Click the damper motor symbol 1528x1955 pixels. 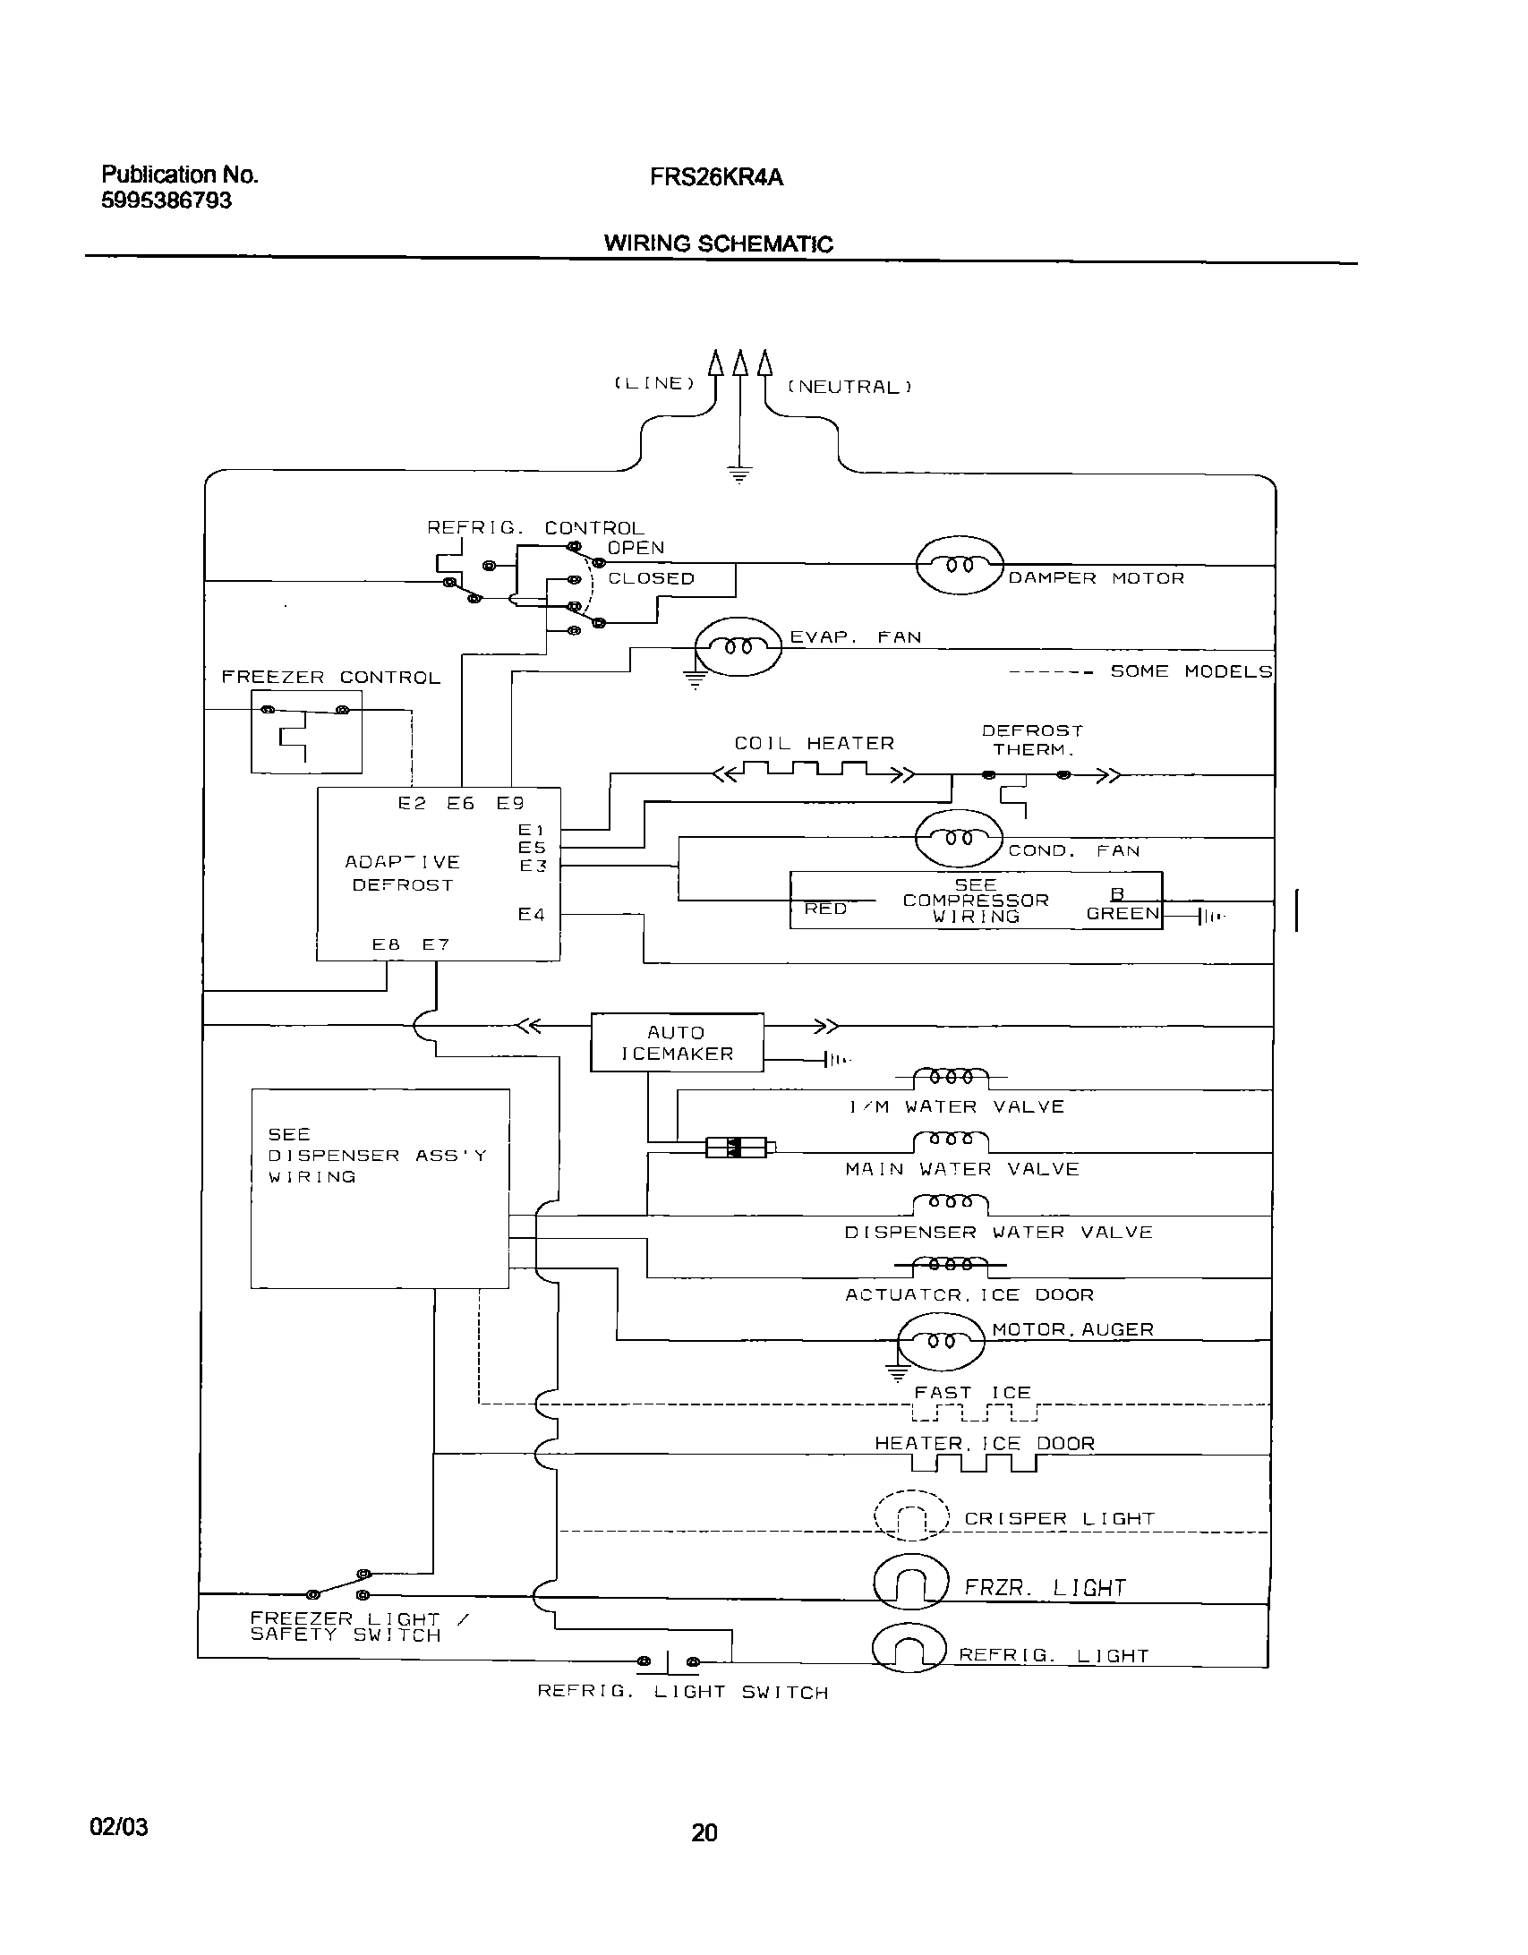coord(960,566)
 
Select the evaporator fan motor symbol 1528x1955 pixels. coord(738,646)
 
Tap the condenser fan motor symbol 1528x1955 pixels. coord(959,839)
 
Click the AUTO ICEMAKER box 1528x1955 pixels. coord(677,1043)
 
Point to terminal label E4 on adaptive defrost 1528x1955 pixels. coord(531,914)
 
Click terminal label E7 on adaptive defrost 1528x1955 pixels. coord(436,944)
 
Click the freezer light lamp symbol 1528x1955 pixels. coord(909,1585)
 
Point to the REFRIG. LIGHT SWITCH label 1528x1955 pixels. coord(682,1693)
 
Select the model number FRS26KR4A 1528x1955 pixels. coord(716,178)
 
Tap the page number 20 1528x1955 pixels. coord(704,1832)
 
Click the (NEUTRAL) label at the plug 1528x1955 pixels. coord(849,387)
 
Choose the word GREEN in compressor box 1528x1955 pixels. coord(1123,914)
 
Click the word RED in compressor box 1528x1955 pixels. coord(825,909)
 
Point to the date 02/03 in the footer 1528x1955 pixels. coord(119,1827)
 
